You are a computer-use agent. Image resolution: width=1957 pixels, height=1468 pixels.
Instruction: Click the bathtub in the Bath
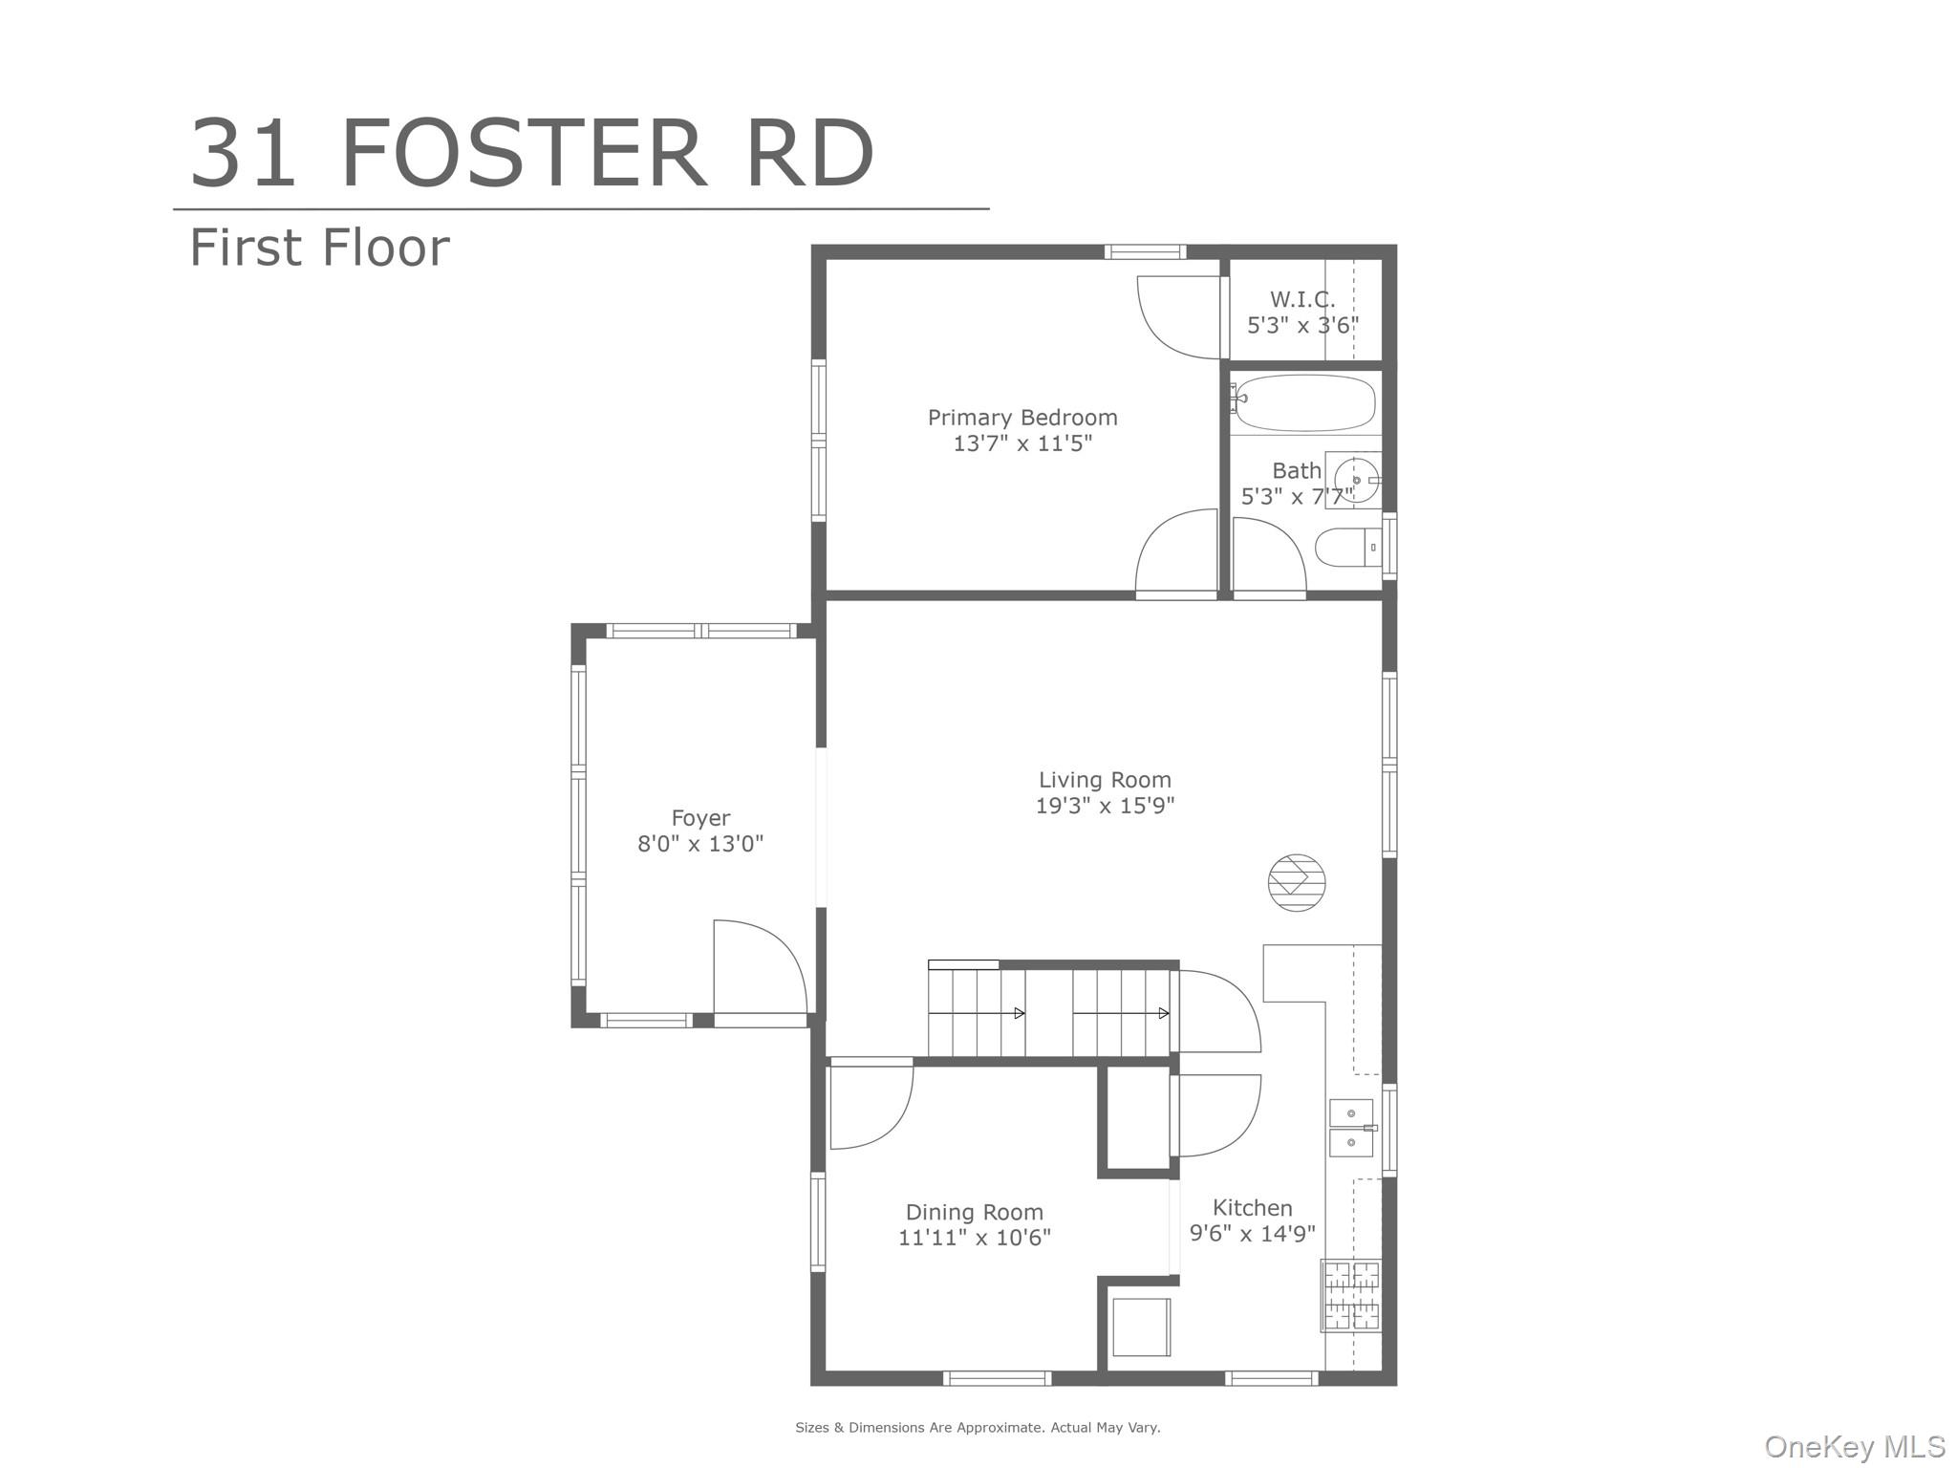click(1304, 403)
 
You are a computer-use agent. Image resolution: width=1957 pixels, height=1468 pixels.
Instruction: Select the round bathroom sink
click(1355, 480)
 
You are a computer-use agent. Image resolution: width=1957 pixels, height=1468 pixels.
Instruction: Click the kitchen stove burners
click(1350, 1296)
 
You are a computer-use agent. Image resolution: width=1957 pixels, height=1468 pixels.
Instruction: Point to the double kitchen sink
click(1351, 1128)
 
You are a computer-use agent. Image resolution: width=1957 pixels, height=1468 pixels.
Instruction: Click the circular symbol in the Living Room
click(1297, 881)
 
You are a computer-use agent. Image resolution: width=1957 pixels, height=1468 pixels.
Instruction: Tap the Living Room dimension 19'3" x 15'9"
click(1105, 806)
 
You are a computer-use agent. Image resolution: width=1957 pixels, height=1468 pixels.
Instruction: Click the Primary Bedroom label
click(1022, 418)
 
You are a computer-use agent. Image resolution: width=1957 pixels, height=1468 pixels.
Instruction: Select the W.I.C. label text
click(1302, 299)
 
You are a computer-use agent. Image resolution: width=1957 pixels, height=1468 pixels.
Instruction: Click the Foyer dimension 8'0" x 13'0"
click(700, 844)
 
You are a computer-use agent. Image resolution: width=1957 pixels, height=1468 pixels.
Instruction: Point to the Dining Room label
click(974, 1212)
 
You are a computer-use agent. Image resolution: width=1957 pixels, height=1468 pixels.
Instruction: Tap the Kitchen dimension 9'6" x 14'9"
click(1252, 1234)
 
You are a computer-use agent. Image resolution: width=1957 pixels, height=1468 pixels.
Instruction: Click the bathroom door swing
click(1268, 554)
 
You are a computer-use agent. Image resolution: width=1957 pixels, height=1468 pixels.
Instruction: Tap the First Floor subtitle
click(319, 248)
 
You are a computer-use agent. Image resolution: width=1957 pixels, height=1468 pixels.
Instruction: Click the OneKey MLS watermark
click(1854, 1447)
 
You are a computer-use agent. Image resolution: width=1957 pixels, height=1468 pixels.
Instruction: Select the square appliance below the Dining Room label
click(1140, 1327)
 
